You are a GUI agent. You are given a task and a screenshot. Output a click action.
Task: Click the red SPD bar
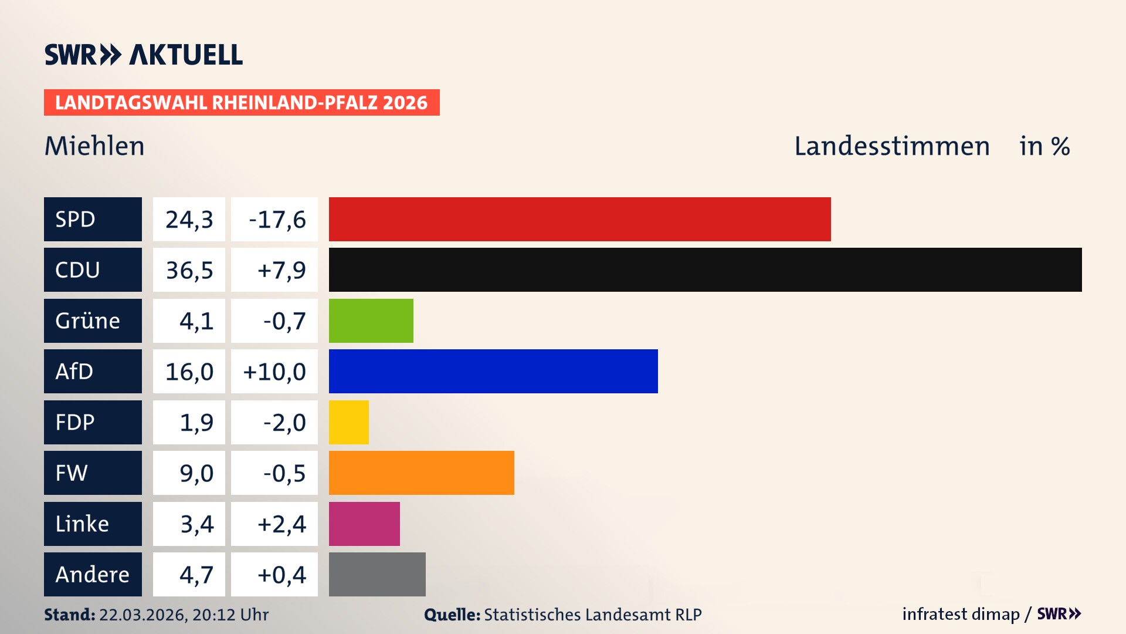pyautogui.click(x=579, y=219)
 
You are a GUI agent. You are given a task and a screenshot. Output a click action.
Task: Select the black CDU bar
pyautogui.click(x=705, y=270)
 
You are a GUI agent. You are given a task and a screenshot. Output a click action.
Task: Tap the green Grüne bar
pyautogui.click(x=371, y=321)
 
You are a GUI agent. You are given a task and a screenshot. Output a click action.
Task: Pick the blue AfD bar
pyautogui.click(x=493, y=371)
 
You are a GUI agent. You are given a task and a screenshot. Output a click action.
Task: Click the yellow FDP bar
pyautogui.click(x=348, y=422)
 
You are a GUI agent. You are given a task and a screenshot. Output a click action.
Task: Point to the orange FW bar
pyautogui.click(x=421, y=473)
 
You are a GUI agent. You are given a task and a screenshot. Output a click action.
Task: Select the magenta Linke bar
pyautogui.click(x=364, y=524)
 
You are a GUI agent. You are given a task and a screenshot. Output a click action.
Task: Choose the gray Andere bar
pyautogui.click(x=377, y=574)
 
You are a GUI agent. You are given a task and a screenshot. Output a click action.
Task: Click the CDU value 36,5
pyautogui.click(x=189, y=270)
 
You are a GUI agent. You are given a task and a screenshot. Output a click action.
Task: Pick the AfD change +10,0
pyautogui.click(x=274, y=371)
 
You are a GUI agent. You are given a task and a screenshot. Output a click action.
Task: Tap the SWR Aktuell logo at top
pyautogui.click(x=144, y=55)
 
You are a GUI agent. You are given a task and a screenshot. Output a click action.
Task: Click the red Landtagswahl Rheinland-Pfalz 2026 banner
pyautogui.click(x=242, y=103)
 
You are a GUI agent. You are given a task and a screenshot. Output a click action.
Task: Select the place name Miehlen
pyautogui.click(x=94, y=146)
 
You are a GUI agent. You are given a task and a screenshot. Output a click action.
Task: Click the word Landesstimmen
pyautogui.click(x=891, y=146)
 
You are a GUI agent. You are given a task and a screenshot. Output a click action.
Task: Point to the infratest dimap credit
pyautogui.click(x=961, y=614)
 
